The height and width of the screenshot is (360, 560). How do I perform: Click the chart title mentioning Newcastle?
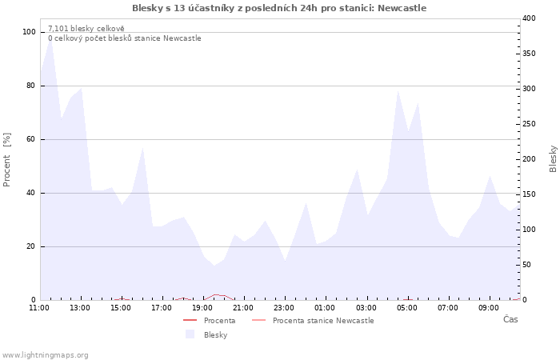[279, 8]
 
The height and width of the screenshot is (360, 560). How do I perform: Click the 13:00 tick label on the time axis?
[80, 307]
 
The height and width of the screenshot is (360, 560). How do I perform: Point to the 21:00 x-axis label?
[243, 307]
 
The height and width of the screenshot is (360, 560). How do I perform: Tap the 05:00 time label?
[407, 307]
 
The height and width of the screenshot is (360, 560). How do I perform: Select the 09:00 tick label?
[489, 307]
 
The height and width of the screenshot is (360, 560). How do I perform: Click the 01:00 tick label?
[325, 307]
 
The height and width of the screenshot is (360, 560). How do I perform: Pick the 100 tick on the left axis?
[30, 32]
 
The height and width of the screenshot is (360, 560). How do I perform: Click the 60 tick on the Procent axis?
[31, 139]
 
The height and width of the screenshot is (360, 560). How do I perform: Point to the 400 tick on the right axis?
[530, 18]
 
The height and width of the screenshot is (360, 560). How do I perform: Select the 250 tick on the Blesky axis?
[530, 123]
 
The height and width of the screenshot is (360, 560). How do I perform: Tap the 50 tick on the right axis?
[528, 264]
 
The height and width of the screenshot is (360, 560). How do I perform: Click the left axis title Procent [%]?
[7, 160]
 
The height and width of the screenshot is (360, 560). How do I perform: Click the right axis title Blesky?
[553, 158]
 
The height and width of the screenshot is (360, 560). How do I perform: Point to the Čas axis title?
[510, 319]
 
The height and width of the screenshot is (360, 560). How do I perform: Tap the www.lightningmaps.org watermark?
[45, 355]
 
